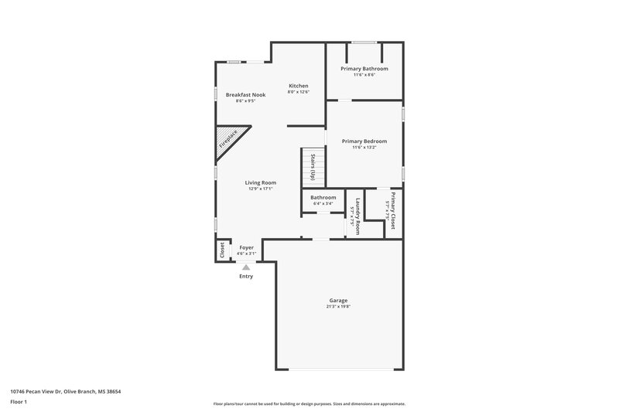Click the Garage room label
point(338,300)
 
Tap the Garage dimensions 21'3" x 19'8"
point(338,306)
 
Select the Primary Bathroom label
point(364,68)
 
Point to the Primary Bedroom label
point(364,141)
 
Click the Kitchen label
point(299,85)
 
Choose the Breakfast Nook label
point(245,94)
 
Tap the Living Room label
point(261,182)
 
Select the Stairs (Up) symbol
point(313,166)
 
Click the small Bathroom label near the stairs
point(323,197)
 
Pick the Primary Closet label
point(393,210)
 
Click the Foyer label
point(246,247)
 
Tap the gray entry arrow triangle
point(246,267)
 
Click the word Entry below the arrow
point(246,276)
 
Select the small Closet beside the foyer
point(222,250)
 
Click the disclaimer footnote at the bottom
point(309,403)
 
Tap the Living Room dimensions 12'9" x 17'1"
point(261,189)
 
